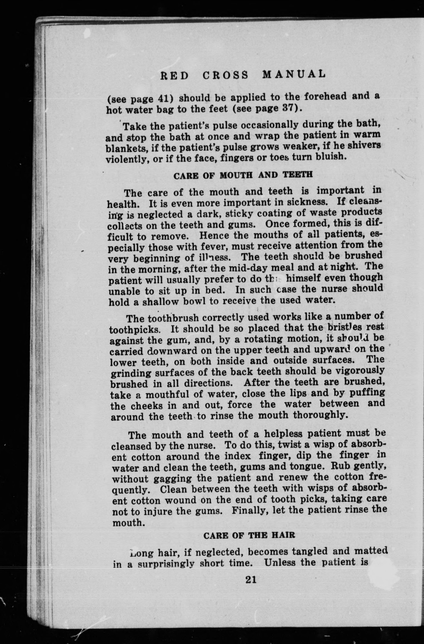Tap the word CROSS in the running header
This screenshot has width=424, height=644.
225,75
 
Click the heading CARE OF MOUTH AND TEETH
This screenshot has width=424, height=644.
243,175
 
